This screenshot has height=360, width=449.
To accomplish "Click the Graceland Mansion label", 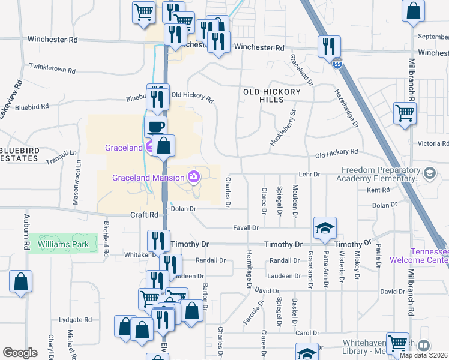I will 149,177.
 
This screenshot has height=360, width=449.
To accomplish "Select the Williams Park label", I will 63,244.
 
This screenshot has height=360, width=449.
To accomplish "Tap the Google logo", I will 20,353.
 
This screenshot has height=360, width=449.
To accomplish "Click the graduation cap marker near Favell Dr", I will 325,227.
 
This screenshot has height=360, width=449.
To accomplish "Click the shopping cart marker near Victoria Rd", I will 405,112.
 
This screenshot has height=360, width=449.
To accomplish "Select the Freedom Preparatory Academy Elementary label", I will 382,174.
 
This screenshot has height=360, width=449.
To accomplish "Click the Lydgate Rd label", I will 75,320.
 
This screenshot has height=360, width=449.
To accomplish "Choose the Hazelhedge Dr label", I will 346,106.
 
